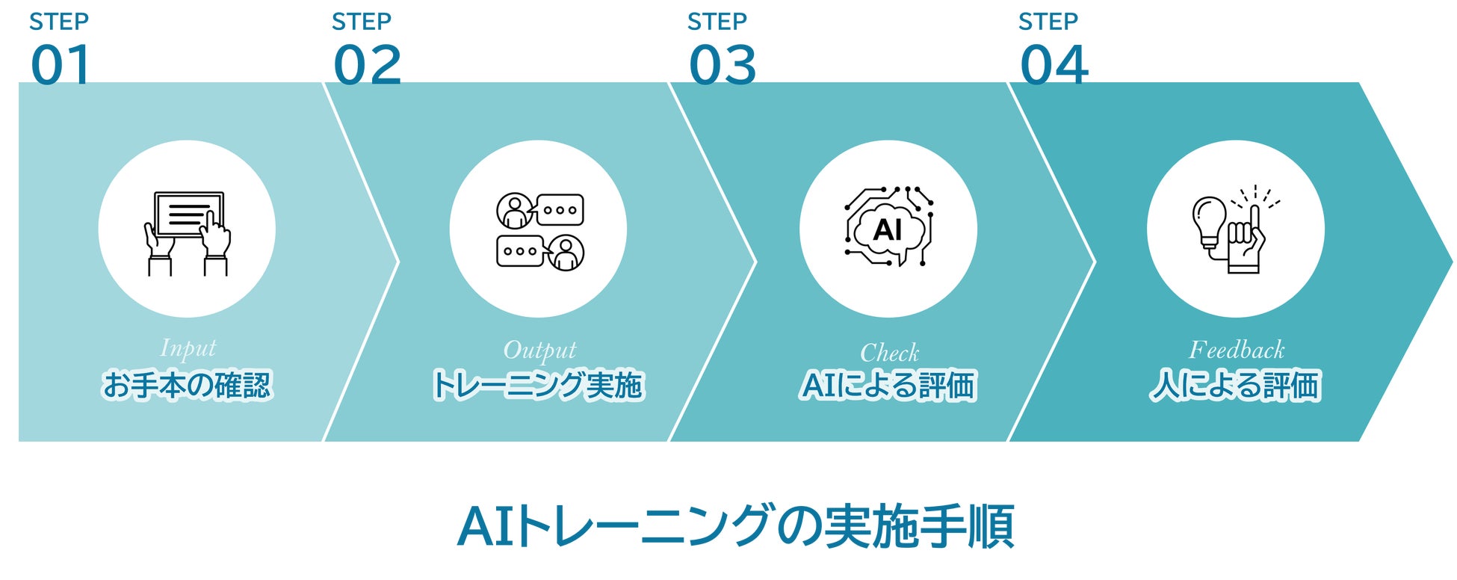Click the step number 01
point(61,65)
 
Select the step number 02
point(367,65)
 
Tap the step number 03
point(723,65)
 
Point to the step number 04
point(1054,65)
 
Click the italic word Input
point(188,348)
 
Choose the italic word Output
point(539,350)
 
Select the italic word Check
point(889,352)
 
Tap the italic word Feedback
point(1237,350)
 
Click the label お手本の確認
point(187,386)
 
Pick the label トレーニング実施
point(538,386)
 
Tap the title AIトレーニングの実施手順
point(735,527)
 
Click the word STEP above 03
point(717,22)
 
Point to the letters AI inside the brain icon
point(888,229)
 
